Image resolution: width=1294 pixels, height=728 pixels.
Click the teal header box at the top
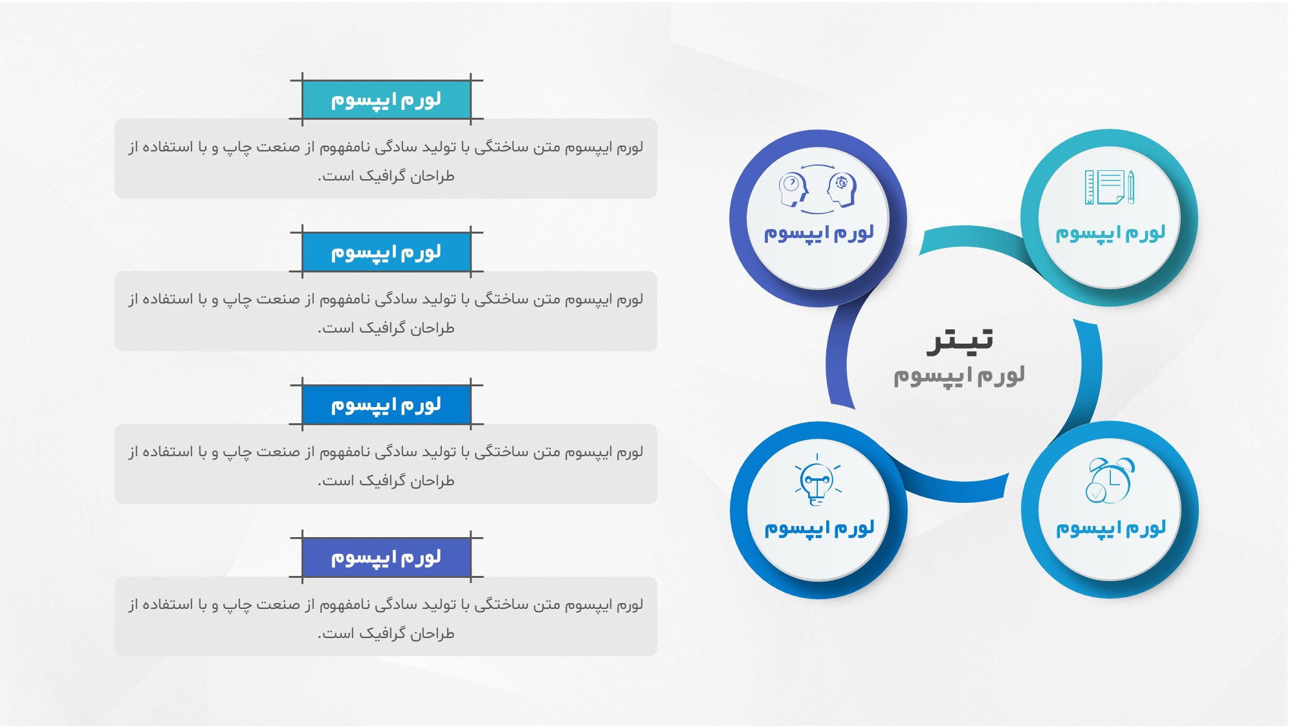pos(386,100)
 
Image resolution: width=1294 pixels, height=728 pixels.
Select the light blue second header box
pos(386,252)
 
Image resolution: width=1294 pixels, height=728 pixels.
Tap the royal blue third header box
pos(386,405)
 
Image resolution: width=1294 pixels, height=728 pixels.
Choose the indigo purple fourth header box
pos(386,557)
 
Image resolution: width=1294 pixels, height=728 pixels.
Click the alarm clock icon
pos(1110,480)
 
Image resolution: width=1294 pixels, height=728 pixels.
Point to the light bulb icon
pos(818,480)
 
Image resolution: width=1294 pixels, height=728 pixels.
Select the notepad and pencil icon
pos(1110,187)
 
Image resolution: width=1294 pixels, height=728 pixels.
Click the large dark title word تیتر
pos(960,340)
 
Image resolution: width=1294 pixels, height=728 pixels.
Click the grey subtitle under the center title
pos(959,376)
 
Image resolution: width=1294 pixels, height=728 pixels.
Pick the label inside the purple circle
pos(818,233)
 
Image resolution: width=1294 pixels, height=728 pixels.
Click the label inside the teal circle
pos(1110,233)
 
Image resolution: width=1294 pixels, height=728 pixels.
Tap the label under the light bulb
pos(819,529)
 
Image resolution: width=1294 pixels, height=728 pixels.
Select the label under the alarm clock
pos(1111,529)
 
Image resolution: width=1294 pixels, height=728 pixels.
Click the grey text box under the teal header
pos(386,159)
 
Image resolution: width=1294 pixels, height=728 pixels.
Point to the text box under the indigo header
pos(386,616)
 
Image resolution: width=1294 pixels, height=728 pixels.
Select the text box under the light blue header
pos(386,311)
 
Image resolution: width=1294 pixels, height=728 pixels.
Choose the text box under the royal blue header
pos(386,464)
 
